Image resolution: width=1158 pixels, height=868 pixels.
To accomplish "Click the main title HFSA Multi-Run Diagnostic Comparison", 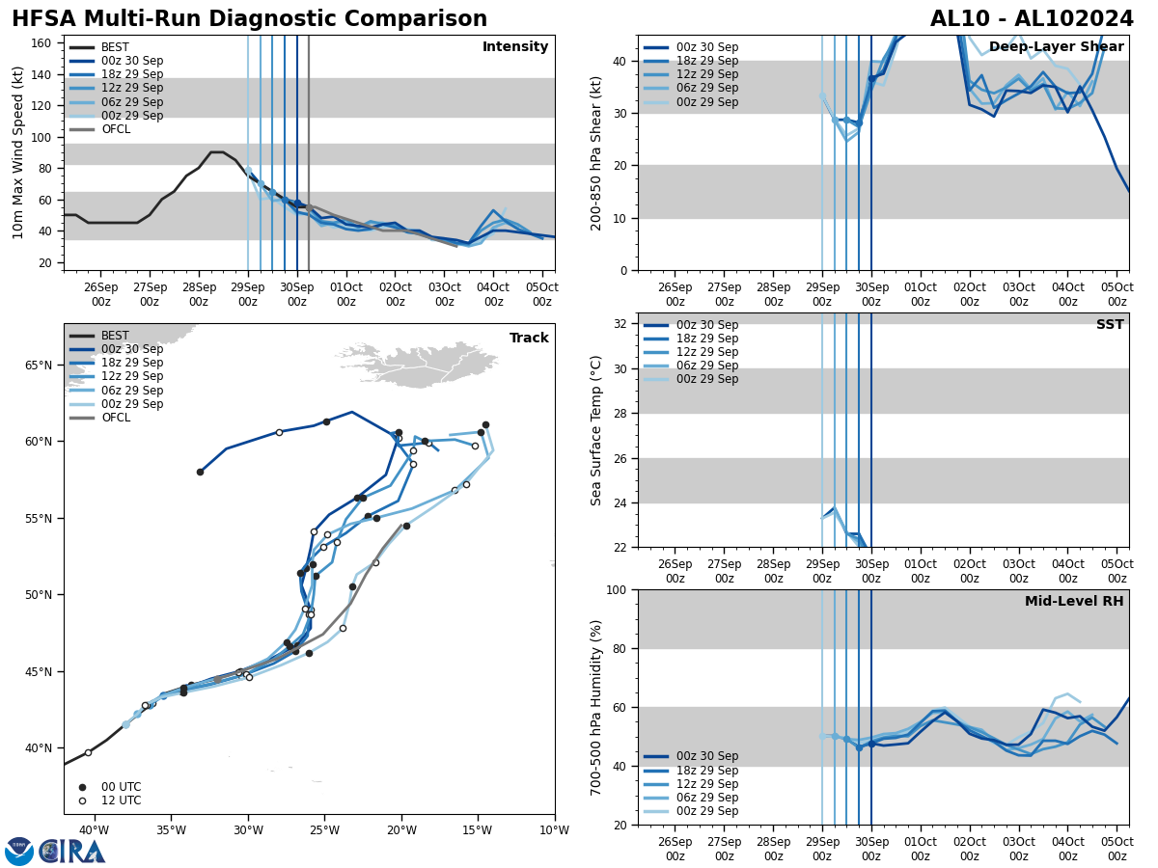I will [x=249, y=19].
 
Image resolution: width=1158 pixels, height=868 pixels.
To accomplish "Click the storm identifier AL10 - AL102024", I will [x=1032, y=19].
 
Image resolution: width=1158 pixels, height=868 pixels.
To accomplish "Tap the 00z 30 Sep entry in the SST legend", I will [x=706, y=325].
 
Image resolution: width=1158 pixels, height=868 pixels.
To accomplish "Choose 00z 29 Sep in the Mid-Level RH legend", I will [x=706, y=811].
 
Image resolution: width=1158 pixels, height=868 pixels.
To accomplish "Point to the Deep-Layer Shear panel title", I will [x=1056, y=47].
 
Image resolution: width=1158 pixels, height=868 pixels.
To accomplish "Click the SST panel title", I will [x=1109, y=325].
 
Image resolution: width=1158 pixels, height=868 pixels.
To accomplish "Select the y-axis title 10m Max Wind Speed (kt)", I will [x=17, y=152].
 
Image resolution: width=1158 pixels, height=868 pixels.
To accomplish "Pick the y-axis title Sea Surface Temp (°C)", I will [x=596, y=430].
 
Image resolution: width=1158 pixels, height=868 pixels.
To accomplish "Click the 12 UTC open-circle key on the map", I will [x=121, y=800].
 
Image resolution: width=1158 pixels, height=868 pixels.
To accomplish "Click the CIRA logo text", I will [x=72, y=852].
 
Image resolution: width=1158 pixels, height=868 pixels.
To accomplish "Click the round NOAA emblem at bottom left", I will [x=18, y=852].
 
